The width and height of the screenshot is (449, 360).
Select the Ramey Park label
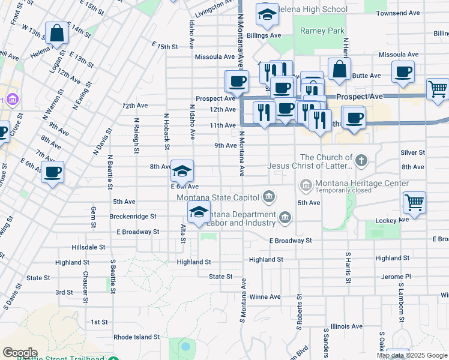(322, 31)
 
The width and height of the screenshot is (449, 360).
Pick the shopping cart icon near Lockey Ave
(415, 203)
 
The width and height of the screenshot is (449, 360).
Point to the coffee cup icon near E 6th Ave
(52, 172)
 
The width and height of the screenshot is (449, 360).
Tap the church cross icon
(360, 160)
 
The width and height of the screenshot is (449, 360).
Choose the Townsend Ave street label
(415, 13)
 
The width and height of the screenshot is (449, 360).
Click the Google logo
(20, 353)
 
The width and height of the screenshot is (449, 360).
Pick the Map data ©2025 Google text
(411, 355)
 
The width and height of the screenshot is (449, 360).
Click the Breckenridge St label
(133, 216)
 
